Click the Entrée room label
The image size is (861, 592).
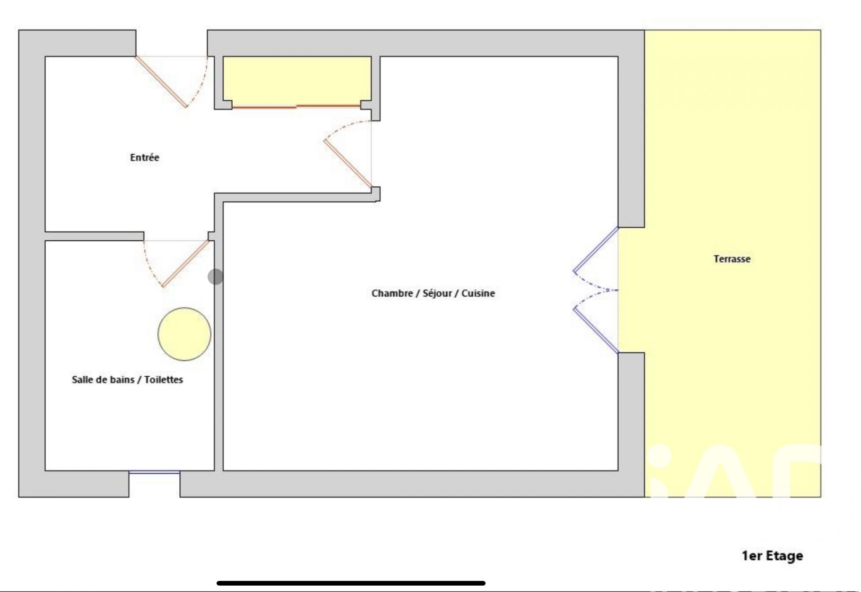144,157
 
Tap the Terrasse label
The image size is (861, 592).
732,259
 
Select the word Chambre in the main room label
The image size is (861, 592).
392,293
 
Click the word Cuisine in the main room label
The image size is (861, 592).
478,293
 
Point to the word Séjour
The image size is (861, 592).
437,293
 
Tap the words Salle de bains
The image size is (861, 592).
103,379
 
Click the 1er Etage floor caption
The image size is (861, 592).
772,556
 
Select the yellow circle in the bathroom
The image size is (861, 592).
184,334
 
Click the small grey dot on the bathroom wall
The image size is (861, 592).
215,277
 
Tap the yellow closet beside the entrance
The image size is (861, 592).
297,81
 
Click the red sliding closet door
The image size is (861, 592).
296,107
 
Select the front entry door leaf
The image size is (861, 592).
161,82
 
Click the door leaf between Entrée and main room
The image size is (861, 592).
348,164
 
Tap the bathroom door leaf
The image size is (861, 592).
186,264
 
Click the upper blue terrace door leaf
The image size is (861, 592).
596,249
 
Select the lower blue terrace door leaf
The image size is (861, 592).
596,330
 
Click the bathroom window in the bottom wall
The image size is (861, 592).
155,472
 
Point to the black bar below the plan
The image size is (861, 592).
351,583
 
